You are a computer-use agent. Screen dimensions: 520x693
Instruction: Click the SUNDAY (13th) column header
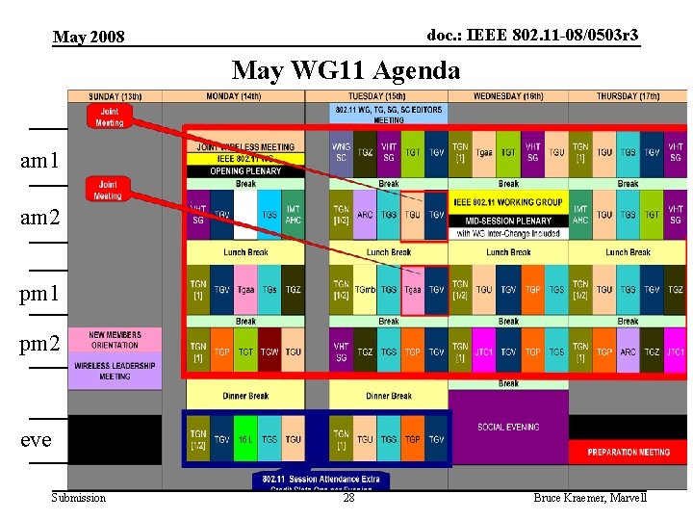click(x=115, y=96)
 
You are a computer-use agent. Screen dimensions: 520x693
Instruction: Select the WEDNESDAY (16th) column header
click(x=508, y=96)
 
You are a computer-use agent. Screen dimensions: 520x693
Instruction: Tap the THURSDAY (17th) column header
click(x=628, y=96)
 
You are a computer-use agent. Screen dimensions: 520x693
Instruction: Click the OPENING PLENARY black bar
click(x=245, y=171)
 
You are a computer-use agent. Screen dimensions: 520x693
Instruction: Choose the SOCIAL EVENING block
click(x=508, y=427)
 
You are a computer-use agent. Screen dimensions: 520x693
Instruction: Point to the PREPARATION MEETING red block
click(x=628, y=452)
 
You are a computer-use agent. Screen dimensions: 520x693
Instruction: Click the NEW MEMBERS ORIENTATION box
click(x=115, y=340)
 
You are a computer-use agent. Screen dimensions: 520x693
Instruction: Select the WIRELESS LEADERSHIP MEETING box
click(x=115, y=371)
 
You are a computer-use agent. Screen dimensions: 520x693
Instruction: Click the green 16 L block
click(x=245, y=439)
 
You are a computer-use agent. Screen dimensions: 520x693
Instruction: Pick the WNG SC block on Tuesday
click(x=341, y=152)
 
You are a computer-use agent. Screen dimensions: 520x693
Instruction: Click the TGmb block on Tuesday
click(x=365, y=289)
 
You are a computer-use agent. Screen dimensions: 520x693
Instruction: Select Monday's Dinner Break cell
click(x=245, y=395)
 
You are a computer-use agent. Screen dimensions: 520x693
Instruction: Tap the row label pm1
click(x=39, y=290)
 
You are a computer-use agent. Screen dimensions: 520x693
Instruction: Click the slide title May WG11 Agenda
click(x=346, y=70)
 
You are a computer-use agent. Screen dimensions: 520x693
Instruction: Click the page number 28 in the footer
click(x=348, y=498)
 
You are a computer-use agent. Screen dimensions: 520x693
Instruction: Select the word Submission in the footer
click(x=79, y=498)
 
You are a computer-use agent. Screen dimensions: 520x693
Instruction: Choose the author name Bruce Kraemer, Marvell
click(x=589, y=498)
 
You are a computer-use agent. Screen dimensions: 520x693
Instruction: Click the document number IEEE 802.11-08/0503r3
click(x=532, y=36)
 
